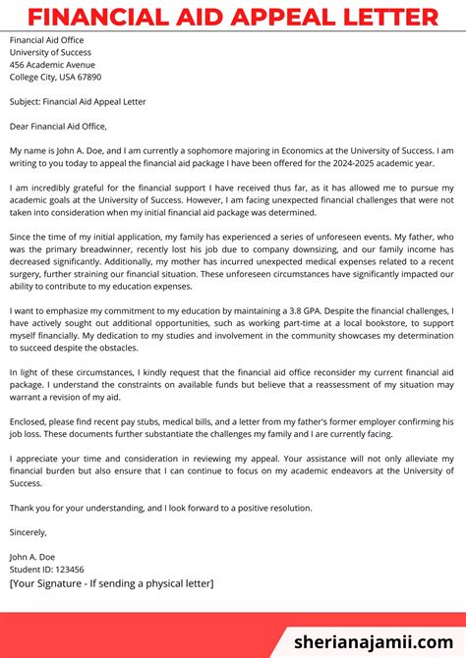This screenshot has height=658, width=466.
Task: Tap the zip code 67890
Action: click(x=87, y=77)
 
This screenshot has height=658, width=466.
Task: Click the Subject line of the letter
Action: click(x=78, y=101)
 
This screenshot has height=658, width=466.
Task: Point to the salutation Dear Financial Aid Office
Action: click(x=58, y=126)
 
